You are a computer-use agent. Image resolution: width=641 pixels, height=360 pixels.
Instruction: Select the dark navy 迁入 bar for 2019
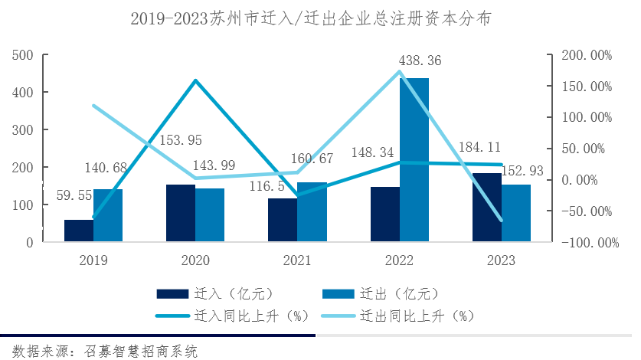[x=78, y=231]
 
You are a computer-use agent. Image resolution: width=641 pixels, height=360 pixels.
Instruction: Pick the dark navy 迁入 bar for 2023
[x=487, y=207]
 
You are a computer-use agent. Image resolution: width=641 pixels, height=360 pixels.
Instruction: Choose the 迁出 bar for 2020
[x=210, y=214]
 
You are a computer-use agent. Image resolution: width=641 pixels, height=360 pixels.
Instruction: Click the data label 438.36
[x=420, y=61]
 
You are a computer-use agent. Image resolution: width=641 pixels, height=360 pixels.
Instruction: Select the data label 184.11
[x=478, y=147]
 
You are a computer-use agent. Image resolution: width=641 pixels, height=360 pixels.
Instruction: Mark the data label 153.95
[x=181, y=140]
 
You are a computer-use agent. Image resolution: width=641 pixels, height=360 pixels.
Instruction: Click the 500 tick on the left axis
[x=23, y=55]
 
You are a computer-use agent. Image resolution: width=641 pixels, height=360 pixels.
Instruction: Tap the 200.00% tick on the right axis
[x=587, y=55]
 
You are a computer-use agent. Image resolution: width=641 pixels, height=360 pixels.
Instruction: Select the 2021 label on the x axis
[x=297, y=260]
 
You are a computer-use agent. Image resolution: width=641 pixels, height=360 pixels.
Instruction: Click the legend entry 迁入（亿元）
[x=214, y=293]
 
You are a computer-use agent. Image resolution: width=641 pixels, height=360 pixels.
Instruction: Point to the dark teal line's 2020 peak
[x=195, y=80]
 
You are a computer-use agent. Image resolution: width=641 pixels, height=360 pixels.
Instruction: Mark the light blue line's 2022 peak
[x=399, y=72]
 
